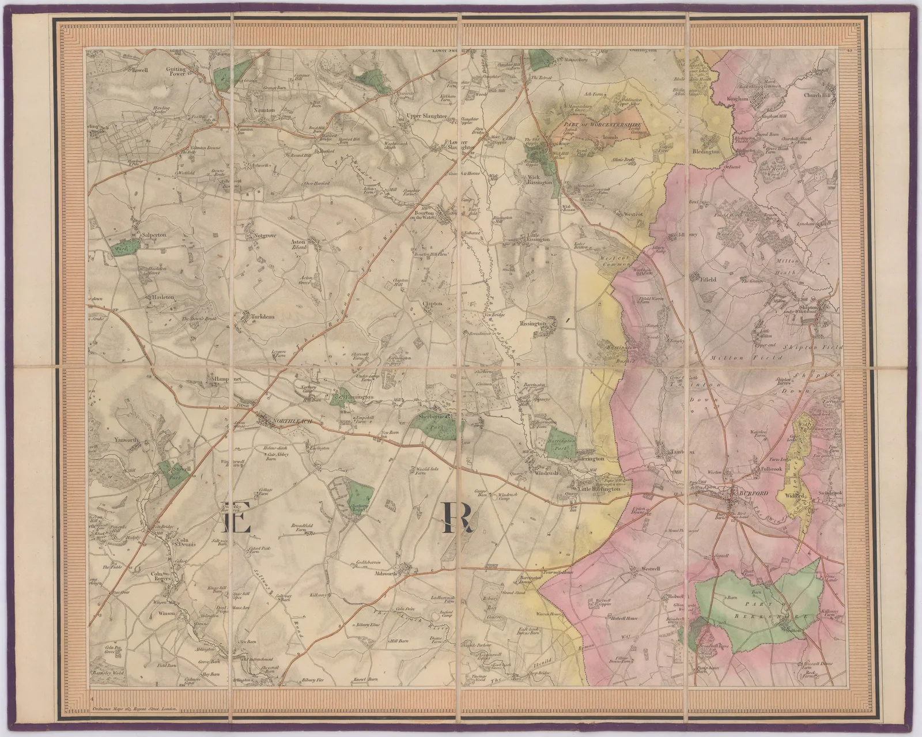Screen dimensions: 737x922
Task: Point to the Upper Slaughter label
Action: click(x=411, y=116)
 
